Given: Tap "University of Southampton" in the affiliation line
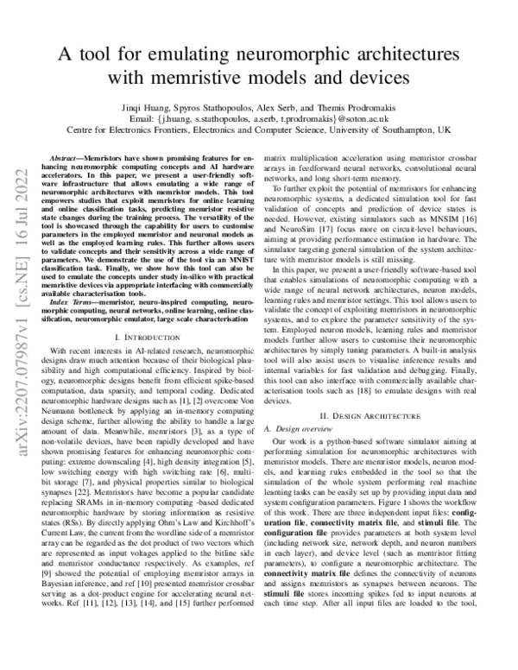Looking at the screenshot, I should click(x=376, y=130).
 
